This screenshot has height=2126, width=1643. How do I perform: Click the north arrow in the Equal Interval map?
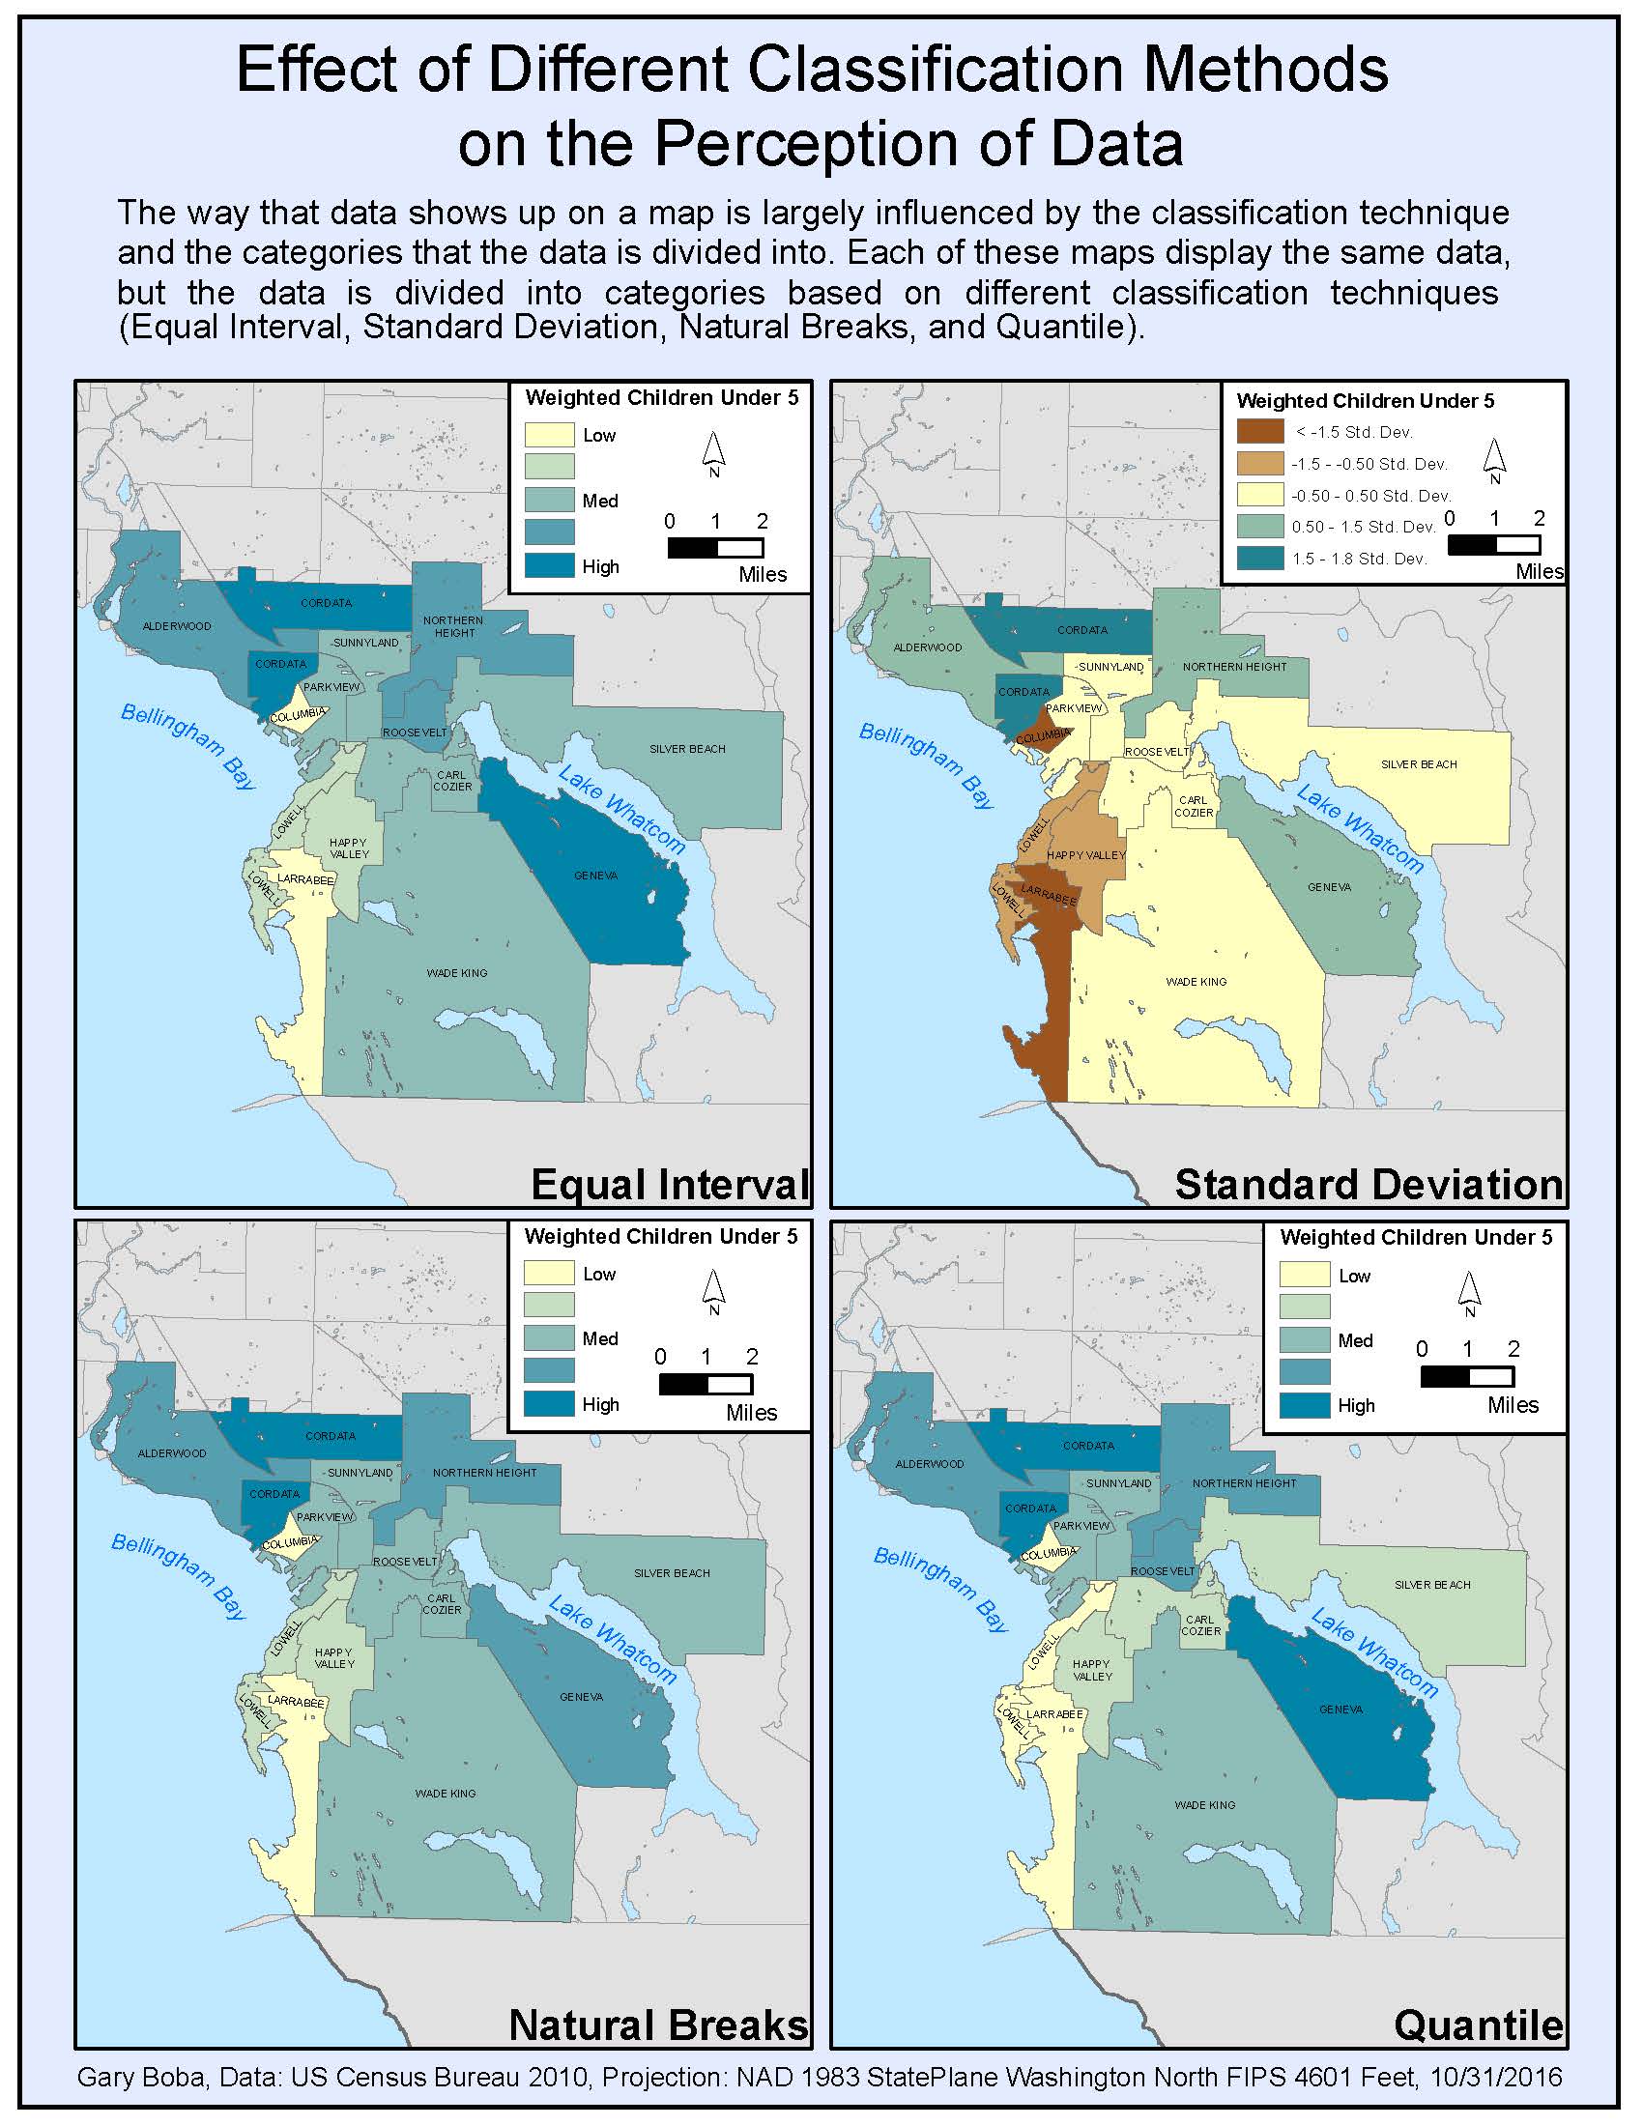[x=713, y=452]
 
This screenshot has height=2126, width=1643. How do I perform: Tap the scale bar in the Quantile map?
[x=1467, y=1376]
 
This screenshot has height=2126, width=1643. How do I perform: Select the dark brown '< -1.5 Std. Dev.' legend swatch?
[x=1260, y=431]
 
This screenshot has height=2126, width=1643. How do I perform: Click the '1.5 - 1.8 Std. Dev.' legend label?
[x=1359, y=559]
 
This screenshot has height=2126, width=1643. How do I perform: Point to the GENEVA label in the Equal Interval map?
[x=595, y=876]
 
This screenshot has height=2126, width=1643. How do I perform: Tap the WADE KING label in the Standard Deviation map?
[x=1196, y=981]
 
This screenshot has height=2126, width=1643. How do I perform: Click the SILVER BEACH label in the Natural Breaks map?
[x=672, y=1572]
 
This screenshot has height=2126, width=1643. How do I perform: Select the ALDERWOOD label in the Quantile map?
[x=929, y=1464]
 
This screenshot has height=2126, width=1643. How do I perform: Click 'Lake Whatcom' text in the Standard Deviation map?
[x=1360, y=828]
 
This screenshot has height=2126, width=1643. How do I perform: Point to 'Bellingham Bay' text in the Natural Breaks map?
[x=179, y=1575]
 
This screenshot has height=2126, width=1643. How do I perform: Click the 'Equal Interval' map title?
[x=670, y=1185]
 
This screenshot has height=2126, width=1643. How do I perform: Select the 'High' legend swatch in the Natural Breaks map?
[x=549, y=1403]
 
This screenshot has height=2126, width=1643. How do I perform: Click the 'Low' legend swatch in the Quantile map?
[x=1305, y=1276]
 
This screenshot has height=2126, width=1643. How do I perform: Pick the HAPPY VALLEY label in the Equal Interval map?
[x=349, y=848]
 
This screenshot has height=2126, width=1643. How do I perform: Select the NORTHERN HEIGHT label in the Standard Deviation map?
[x=1234, y=667]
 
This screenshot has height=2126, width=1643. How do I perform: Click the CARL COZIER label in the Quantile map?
[x=1200, y=1624]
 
